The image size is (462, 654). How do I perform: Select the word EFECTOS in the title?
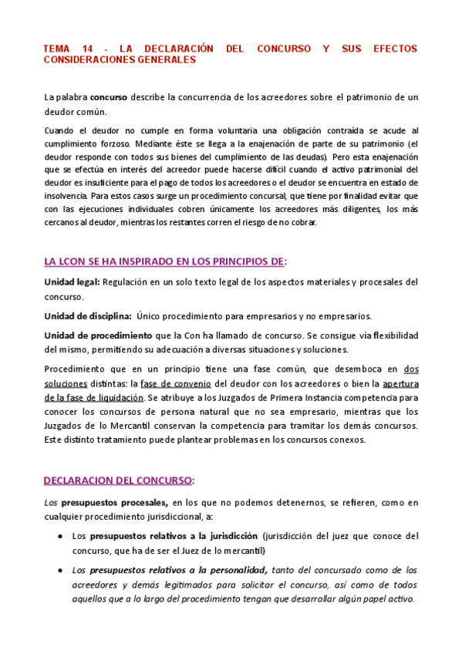click(x=395, y=49)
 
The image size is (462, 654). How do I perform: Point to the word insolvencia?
click(x=66, y=196)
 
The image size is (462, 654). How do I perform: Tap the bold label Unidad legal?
click(x=73, y=281)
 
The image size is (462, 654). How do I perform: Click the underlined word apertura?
click(x=400, y=383)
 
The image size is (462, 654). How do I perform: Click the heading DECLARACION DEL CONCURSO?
click(x=118, y=480)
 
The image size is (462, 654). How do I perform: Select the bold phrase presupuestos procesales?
click(x=113, y=503)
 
